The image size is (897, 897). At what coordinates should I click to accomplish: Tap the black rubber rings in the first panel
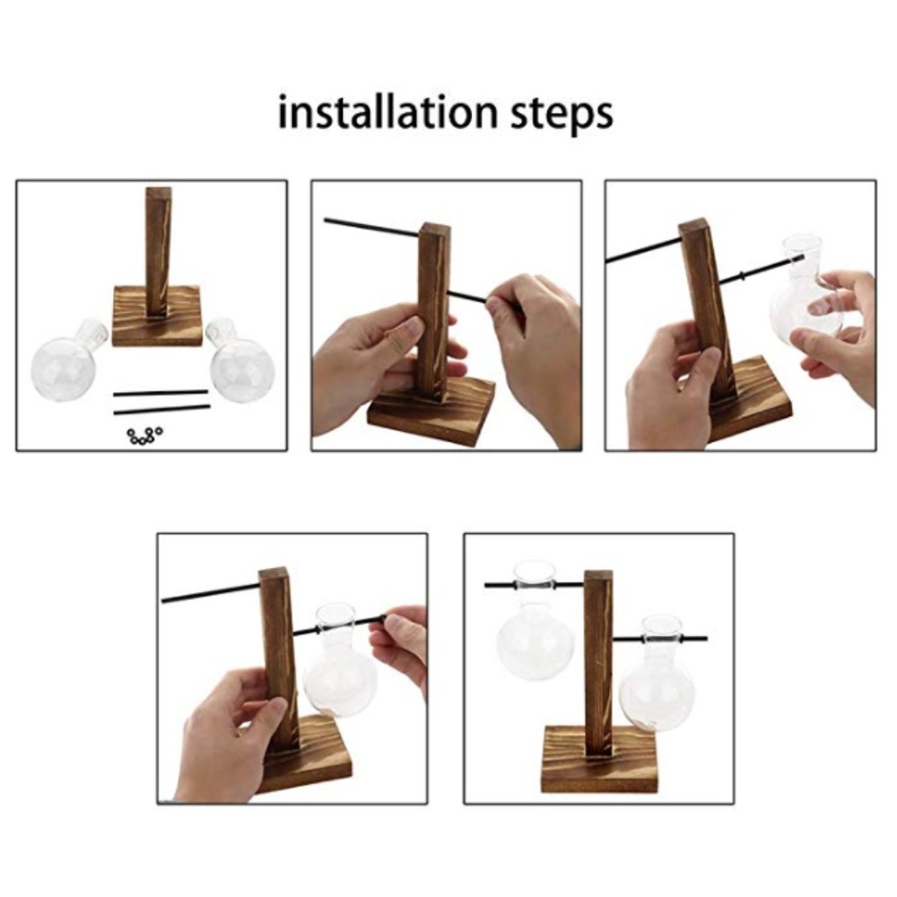(x=144, y=435)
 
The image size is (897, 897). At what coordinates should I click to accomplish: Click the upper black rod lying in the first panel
(x=161, y=393)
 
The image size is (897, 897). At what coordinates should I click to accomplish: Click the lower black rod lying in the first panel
(x=161, y=409)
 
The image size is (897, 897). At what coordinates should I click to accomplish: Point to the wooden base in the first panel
(x=156, y=317)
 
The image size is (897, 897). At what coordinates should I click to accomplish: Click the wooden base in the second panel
(x=431, y=414)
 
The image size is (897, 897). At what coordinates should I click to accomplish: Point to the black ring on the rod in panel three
(x=742, y=276)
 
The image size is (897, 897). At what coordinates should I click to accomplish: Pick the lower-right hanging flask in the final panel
(x=658, y=675)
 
